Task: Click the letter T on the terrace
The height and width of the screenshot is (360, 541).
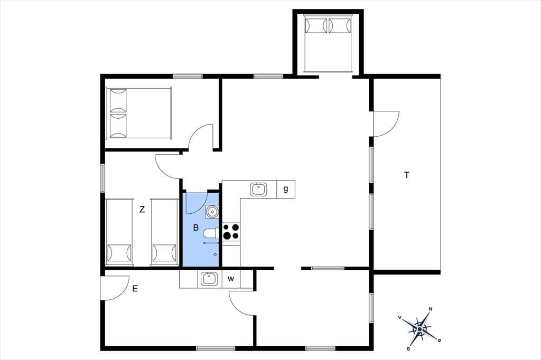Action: pos(407,175)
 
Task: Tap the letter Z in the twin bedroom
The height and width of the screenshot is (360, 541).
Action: pos(142,210)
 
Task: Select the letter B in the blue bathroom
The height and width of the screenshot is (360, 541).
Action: pos(195,228)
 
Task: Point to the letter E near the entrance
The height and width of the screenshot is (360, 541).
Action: pos(135,288)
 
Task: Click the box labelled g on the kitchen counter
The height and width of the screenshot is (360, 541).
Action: pos(286,190)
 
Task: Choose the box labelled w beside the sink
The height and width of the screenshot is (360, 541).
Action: pos(231,279)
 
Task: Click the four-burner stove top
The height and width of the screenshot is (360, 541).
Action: pos(231,231)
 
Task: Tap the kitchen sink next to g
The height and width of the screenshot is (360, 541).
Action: pos(258,189)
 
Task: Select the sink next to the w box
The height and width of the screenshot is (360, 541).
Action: pos(208,279)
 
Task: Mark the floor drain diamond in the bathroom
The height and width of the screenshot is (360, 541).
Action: pos(216,254)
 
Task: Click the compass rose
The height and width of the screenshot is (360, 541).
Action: pos(419,329)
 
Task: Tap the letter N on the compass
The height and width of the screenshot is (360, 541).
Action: pos(430,309)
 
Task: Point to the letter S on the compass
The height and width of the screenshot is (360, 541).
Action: pos(408,348)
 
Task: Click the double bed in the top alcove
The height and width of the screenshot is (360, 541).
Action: pos(328,43)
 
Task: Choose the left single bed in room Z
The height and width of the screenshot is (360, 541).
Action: pos(119,232)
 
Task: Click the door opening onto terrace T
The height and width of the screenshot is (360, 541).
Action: pos(386,124)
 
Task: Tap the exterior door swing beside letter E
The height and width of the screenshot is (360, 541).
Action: pos(115,288)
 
